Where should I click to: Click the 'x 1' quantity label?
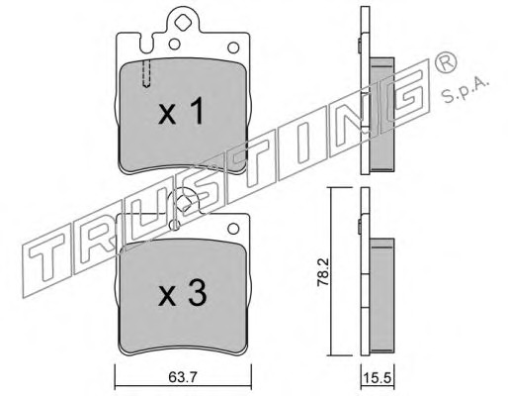(x=180, y=112)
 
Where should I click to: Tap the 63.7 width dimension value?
(x=183, y=377)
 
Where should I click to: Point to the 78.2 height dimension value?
(x=324, y=271)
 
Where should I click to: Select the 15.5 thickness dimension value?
(x=378, y=376)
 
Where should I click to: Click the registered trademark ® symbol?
(x=446, y=63)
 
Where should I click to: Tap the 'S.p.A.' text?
(x=465, y=89)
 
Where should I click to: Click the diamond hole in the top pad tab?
(x=182, y=24)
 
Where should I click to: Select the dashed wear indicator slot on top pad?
(x=146, y=73)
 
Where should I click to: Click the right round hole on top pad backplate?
(x=233, y=48)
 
